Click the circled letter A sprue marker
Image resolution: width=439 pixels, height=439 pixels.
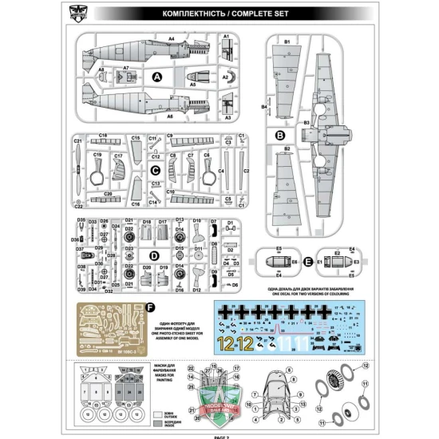click(x=157, y=77)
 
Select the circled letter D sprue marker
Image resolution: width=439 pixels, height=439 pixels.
click(x=152, y=255)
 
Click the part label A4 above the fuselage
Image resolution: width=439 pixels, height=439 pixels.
click(x=171, y=38)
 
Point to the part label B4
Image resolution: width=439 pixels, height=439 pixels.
click(x=263, y=106)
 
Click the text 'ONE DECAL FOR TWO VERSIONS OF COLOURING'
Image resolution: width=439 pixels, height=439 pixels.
click(x=301, y=293)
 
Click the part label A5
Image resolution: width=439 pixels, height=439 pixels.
click(x=192, y=84)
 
